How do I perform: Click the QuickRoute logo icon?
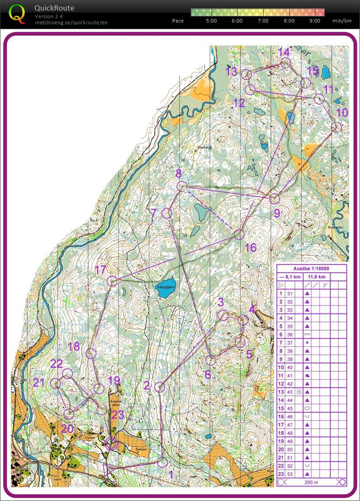[17, 13]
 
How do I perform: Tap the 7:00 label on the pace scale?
[263, 21]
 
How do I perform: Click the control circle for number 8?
[181, 187]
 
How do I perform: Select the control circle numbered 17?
[112, 281]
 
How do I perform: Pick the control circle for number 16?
[239, 234]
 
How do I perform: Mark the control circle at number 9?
[275, 199]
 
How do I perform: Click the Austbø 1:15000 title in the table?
[311, 268]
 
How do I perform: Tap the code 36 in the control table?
[290, 335]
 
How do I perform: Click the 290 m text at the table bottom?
[311, 482]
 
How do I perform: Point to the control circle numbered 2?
[159, 387]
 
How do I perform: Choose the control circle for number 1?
[163, 462]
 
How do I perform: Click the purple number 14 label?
[284, 52]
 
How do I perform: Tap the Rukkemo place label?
[335, 227]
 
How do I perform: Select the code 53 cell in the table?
[290, 474]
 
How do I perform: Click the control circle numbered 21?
[55, 383]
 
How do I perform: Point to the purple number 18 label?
[74, 347]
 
